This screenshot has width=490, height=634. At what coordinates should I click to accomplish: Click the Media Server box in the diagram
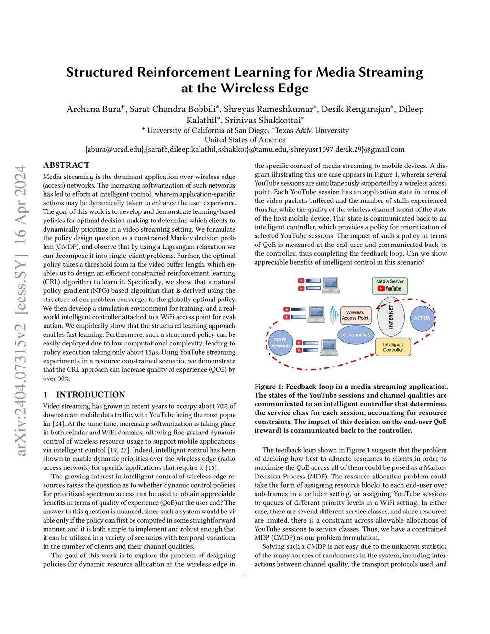click(390, 286)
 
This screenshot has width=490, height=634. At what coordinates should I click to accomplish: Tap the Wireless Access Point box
click(355, 315)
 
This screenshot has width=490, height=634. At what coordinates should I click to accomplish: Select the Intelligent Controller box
click(393, 347)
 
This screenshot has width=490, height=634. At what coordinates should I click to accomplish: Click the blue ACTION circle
click(422, 318)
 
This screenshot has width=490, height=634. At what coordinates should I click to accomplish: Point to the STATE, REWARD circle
click(280, 343)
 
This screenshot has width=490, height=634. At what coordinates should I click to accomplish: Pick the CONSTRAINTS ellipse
click(356, 335)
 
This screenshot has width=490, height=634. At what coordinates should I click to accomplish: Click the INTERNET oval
click(390, 317)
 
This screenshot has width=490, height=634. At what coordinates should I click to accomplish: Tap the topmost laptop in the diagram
click(331, 285)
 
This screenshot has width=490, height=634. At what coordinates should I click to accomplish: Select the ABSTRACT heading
click(66, 165)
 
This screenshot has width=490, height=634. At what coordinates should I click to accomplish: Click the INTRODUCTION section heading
click(90, 395)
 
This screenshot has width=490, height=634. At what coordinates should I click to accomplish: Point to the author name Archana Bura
click(94, 109)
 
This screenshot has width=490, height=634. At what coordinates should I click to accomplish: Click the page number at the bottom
click(245, 574)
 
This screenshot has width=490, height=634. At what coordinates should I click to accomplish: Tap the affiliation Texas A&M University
click(312, 130)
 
